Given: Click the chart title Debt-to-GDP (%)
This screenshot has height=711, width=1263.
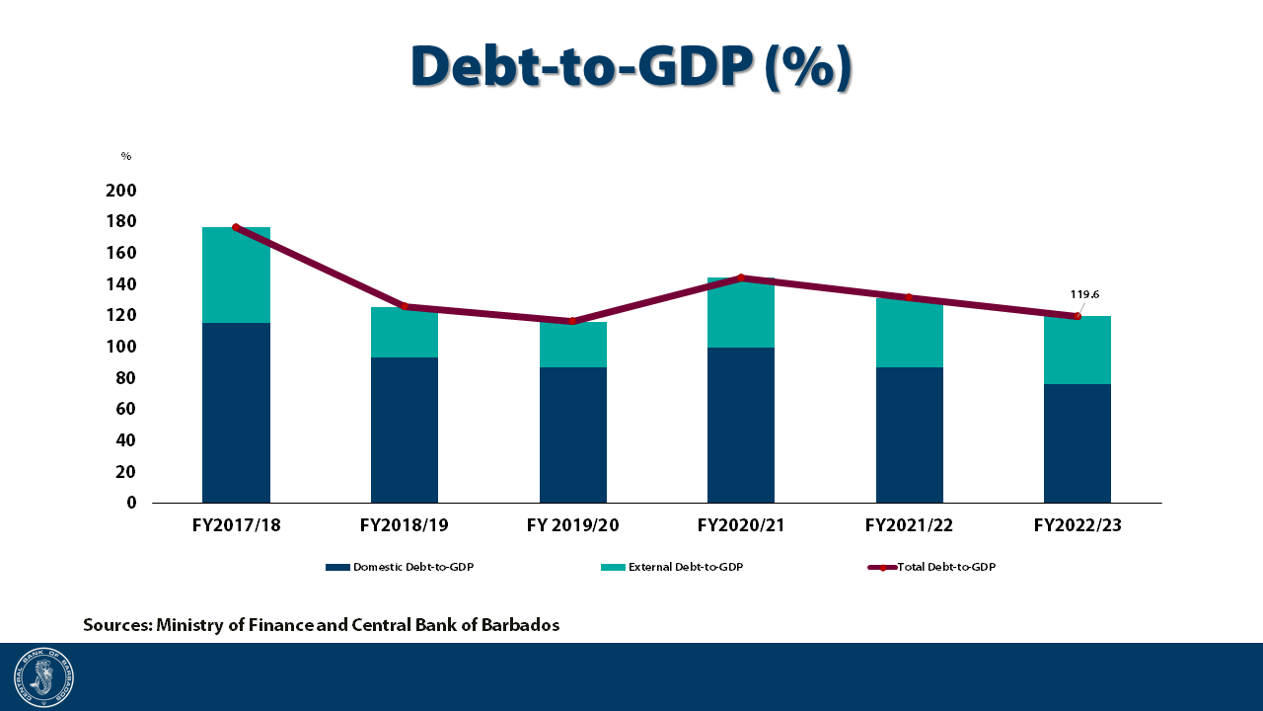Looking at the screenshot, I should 631,67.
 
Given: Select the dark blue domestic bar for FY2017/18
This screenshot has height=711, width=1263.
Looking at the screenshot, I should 236,413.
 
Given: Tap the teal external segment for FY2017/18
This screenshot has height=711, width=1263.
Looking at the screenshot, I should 236,275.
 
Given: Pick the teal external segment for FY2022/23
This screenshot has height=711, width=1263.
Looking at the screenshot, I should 1077,350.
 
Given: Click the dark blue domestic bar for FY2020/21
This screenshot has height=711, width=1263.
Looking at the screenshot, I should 741,425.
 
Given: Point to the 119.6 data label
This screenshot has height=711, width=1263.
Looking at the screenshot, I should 1084,294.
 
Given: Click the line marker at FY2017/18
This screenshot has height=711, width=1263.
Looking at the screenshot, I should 236,227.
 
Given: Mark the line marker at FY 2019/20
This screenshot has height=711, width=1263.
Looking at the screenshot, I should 572,321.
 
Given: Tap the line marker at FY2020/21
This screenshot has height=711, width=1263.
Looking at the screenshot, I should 741,277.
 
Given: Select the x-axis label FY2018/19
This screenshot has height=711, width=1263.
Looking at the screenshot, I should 405,525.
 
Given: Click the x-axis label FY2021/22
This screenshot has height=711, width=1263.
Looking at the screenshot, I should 909,525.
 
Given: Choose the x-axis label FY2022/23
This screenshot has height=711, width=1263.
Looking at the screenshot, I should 1077,525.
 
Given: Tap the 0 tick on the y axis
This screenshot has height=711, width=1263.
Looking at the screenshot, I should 131,503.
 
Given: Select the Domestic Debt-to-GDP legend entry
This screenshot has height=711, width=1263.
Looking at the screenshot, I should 407,567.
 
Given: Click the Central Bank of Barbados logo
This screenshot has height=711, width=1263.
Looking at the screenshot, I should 43,677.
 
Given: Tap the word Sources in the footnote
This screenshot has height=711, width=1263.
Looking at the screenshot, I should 116,625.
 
